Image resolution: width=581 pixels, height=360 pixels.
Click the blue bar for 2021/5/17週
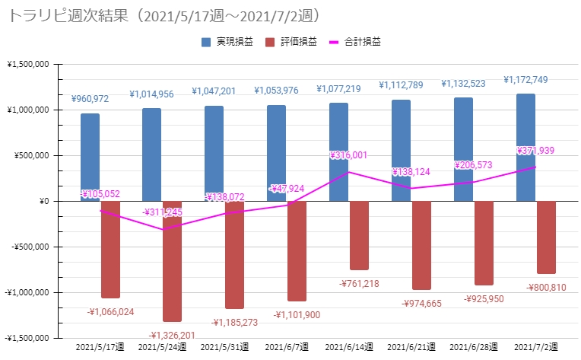(90, 157)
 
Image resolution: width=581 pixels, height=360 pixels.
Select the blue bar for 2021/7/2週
(525, 147)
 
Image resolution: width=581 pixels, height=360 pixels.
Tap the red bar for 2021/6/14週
(360, 234)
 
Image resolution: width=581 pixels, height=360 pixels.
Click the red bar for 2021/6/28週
(484, 243)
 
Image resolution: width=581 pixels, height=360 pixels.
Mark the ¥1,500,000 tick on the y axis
(27, 64)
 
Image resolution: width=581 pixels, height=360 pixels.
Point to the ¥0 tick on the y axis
(43, 201)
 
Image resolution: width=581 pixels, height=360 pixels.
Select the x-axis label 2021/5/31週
(225, 347)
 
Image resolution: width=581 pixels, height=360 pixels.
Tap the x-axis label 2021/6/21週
(411, 347)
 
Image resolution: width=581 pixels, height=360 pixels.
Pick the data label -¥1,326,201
(172, 335)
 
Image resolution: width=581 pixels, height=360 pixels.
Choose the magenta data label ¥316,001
(349, 155)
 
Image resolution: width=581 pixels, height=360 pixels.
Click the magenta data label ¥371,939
(535, 151)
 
